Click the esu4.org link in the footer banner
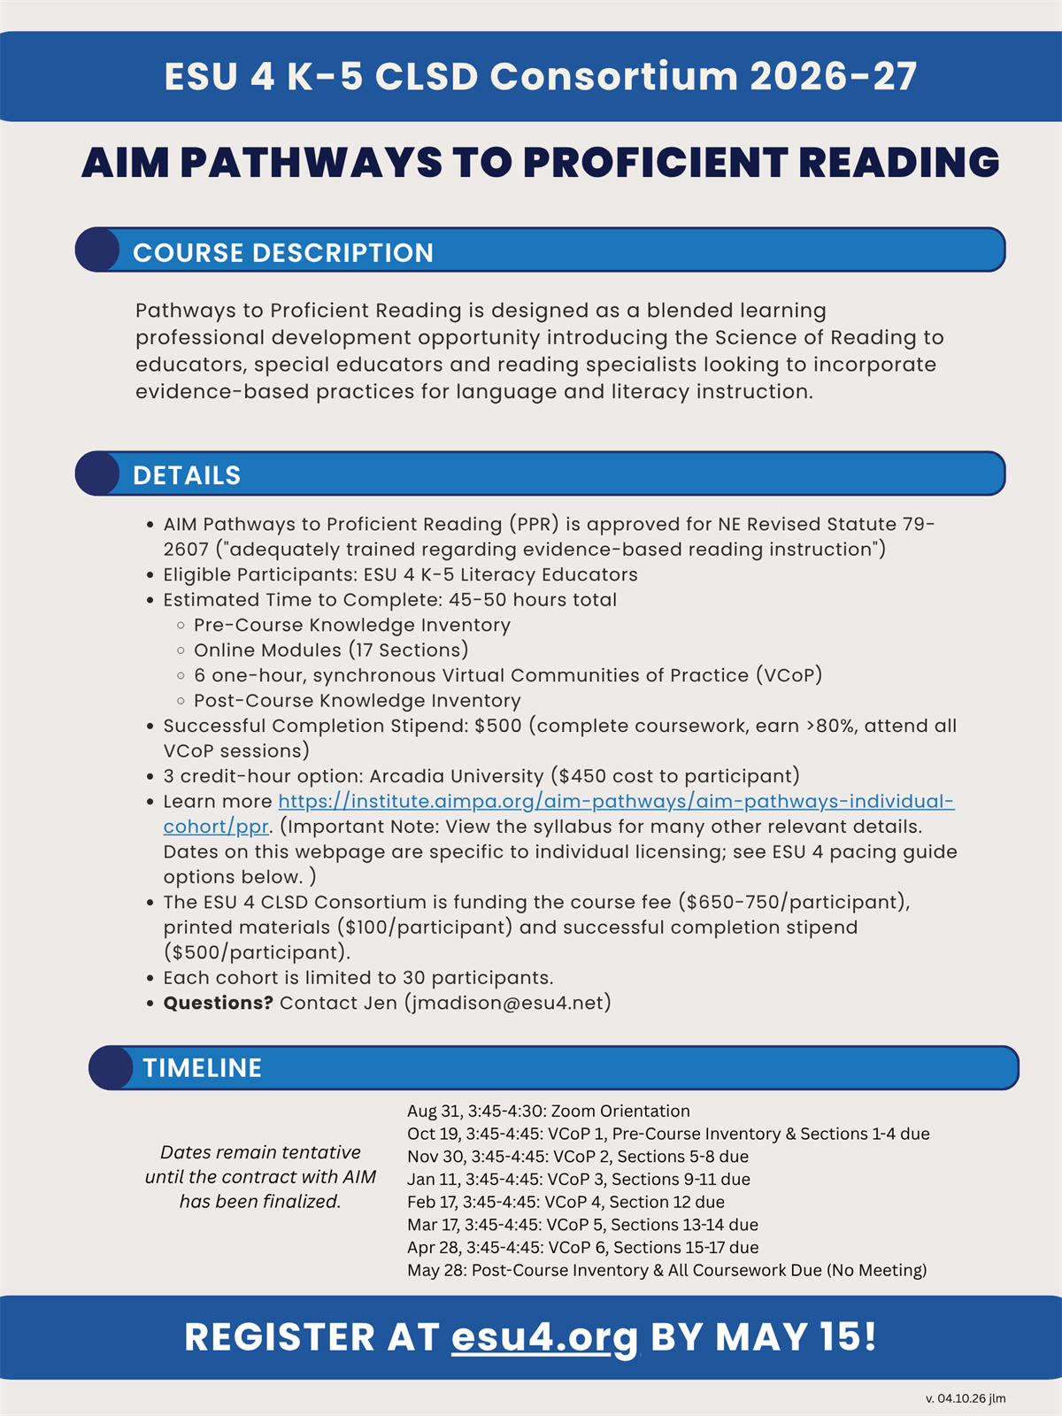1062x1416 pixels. pos(544,1337)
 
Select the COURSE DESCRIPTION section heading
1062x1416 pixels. pos(283,253)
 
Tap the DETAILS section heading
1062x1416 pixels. pos(187,476)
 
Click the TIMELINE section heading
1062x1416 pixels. pos(203,1068)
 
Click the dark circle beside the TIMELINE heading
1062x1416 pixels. pos(111,1068)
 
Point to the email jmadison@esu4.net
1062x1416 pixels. pos(508,1003)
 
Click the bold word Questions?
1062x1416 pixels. pos(218,1003)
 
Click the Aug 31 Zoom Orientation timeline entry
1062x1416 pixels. pos(549,1112)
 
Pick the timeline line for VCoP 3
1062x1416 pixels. pos(579,1180)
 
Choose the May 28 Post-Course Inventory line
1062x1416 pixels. pos(667,1271)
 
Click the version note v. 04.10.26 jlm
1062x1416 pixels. pos(966,1399)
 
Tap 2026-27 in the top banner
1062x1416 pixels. pos(833,77)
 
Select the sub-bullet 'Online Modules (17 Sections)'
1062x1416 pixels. pos(331,650)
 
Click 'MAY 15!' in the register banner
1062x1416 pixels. pos(796,1337)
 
